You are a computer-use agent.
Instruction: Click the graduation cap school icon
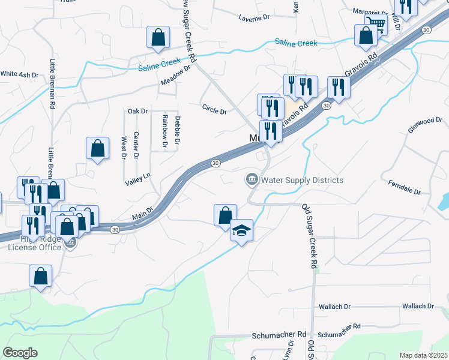click(x=241, y=231)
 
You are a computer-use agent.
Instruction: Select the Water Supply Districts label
click(x=302, y=180)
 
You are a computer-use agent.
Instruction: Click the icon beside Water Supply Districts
click(x=251, y=179)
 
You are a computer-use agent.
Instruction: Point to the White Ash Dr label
click(x=19, y=74)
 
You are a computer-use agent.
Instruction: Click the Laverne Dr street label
click(x=254, y=18)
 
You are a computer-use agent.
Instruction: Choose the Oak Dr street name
click(x=137, y=111)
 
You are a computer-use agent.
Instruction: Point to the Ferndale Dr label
click(x=404, y=187)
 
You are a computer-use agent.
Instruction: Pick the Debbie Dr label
click(x=177, y=131)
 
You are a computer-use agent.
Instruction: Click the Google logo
click(x=20, y=352)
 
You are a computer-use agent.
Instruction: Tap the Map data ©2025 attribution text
click(x=423, y=355)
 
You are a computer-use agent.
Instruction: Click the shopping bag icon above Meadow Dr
click(x=157, y=37)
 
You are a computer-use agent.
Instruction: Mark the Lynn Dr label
click(x=289, y=349)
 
